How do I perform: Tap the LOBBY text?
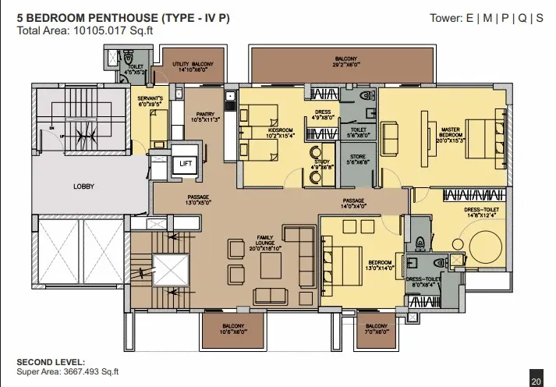[83, 186]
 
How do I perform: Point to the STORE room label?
[359, 159]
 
